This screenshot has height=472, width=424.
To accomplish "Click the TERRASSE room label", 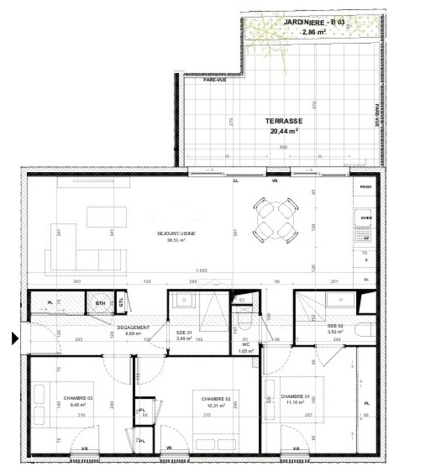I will [x=284, y=121].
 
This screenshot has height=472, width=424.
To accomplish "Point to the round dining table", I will [x=276, y=220].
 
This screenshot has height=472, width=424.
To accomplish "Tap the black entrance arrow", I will [x=15, y=337].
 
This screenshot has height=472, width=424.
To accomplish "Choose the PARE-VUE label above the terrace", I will [x=212, y=80].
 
